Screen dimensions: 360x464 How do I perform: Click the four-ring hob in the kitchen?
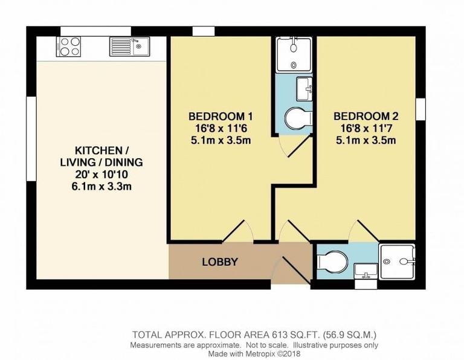[x=69, y=47]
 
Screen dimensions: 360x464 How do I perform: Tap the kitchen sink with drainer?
[x=129, y=47]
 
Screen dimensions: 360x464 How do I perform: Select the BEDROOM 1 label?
[x=220, y=117]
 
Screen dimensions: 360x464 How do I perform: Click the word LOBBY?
[x=219, y=262]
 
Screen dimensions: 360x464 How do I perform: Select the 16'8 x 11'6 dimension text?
[x=220, y=129]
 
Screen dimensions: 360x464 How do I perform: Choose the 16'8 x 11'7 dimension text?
[x=366, y=129]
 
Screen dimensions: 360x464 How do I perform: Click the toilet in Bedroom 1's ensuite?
[x=297, y=118]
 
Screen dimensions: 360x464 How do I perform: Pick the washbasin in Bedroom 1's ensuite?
[x=304, y=89]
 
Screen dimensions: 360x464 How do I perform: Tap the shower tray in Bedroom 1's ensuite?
[x=293, y=54]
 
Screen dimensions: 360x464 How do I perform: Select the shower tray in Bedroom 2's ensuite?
[x=397, y=261]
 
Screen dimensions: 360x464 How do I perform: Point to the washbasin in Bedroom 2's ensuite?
[x=365, y=270]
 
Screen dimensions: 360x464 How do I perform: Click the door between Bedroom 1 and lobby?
[x=239, y=233]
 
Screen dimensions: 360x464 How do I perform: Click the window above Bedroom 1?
[x=203, y=31]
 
